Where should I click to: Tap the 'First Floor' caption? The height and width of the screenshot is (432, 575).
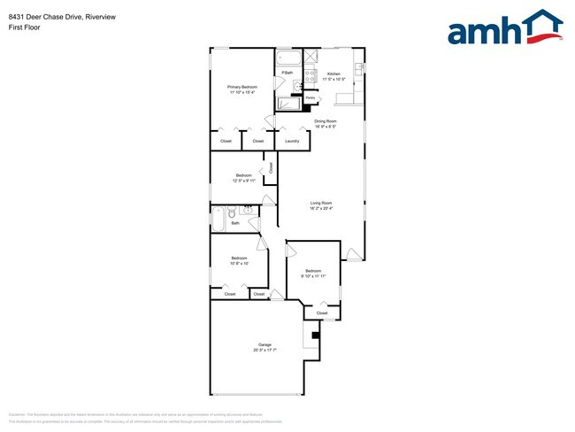click(x=24, y=27)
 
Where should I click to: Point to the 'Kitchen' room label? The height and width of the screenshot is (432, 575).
click(x=333, y=73)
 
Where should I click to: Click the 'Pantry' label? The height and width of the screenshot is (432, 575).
click(x=310, y=97)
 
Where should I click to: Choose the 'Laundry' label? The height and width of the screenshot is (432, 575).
click(x=291, y=141)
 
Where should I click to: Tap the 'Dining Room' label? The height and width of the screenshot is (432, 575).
click(x=326, y=120)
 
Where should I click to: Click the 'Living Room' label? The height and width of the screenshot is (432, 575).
click(x=320, y=204)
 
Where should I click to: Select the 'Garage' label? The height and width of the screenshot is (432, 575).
click(x=264, y=344)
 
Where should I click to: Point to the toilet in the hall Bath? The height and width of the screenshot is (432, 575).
click(x=232, y=212)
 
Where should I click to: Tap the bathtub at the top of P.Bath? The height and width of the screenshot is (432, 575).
click(x=287, y=59)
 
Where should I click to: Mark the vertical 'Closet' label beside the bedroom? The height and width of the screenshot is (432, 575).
click(x=271, y=166)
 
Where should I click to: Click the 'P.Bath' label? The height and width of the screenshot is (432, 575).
click(x=287, y=73)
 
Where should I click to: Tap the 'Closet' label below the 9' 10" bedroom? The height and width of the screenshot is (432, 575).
click(x=322, y=312)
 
